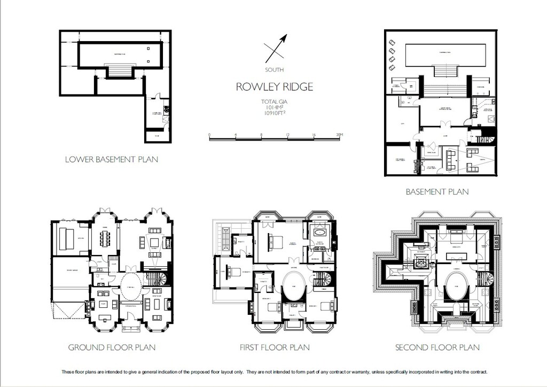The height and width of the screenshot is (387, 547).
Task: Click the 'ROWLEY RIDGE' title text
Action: point(275,87)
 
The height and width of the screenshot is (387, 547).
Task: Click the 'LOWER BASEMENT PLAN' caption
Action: point(111,159)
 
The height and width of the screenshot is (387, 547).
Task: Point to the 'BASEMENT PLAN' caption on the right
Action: point(437,191)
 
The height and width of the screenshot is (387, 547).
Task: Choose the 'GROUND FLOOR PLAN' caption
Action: point(112,347)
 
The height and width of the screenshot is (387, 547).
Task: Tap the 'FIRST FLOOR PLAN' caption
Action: point(275,347)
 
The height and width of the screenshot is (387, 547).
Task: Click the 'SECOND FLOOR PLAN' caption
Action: point(437,347)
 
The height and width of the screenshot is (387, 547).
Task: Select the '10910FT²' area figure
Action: point(275,113)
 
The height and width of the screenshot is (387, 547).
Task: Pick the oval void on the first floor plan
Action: point(292,288)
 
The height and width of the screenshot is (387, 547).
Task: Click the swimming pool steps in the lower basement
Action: point(120,72)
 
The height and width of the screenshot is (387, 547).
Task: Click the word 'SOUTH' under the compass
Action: point(275,70)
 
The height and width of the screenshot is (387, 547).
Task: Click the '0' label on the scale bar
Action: point(209,134)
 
